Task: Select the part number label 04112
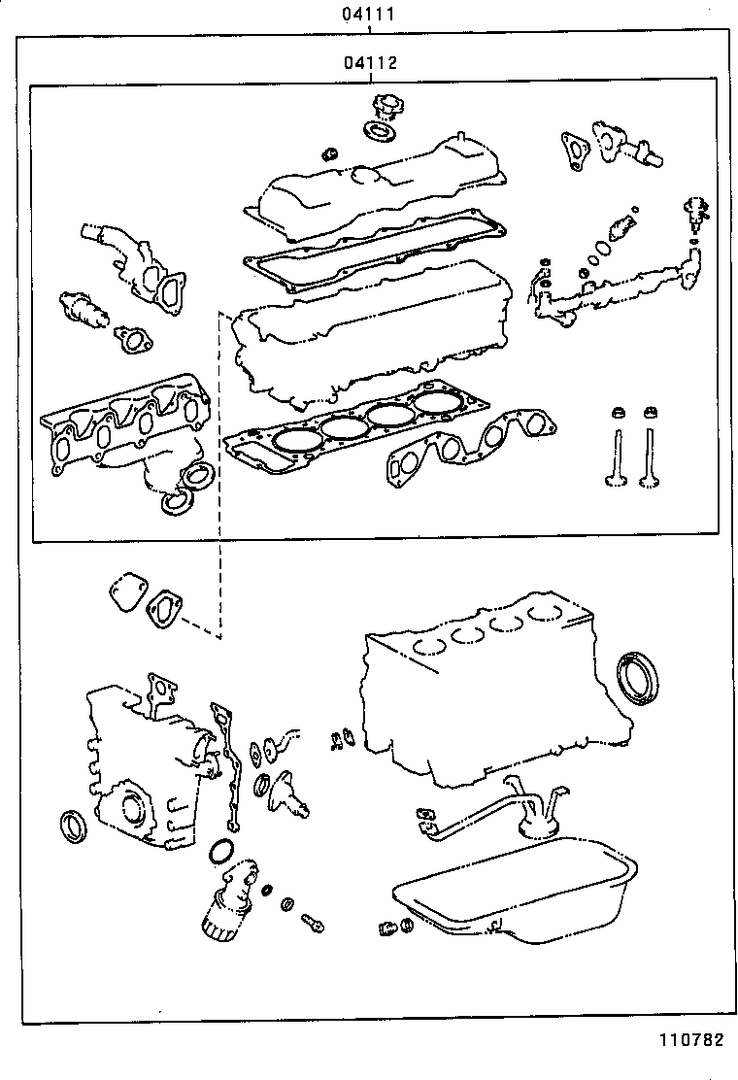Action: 369,64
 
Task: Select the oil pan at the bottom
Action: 515,894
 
